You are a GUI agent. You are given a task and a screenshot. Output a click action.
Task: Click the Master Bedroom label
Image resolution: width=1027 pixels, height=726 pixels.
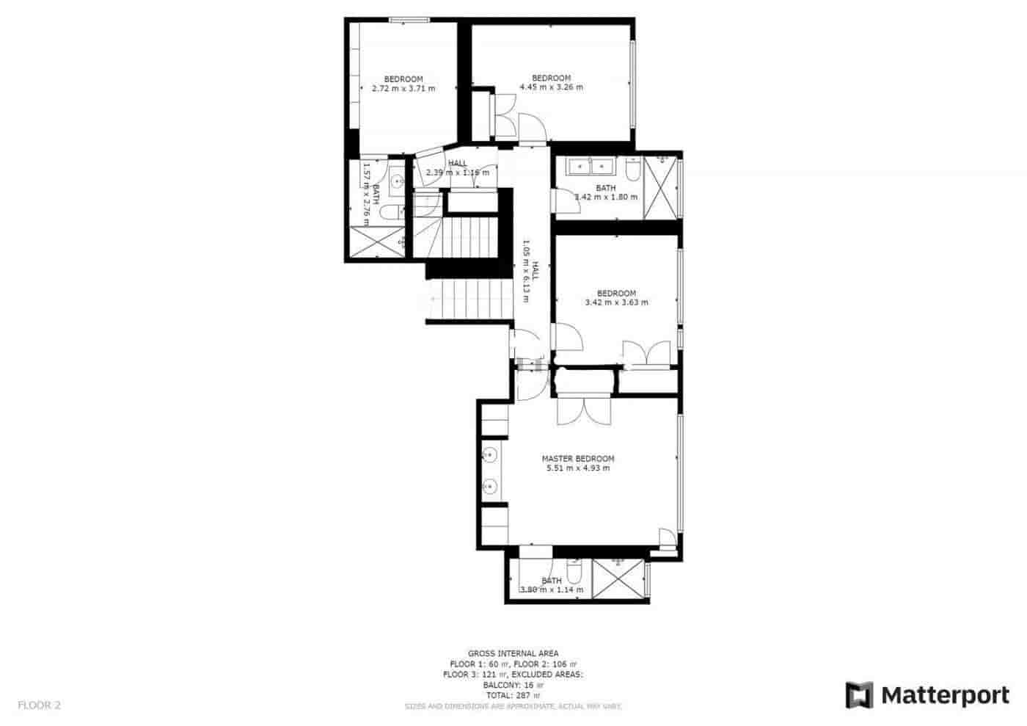578,458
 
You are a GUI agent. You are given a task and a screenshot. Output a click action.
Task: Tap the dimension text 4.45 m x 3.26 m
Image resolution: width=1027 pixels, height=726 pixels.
551,87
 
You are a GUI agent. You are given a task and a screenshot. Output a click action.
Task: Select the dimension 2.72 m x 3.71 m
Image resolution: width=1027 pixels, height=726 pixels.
403,88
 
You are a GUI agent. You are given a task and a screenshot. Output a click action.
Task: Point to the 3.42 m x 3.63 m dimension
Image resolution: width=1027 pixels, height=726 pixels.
616,302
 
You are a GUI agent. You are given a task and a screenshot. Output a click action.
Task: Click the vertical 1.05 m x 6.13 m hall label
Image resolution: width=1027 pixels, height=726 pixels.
530,266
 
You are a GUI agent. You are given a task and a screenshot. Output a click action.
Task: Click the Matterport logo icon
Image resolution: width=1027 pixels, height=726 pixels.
860,695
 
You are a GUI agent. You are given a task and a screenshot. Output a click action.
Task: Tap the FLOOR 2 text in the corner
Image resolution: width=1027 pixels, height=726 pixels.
39,705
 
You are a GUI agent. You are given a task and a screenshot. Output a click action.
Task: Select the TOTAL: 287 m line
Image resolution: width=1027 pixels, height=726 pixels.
513,694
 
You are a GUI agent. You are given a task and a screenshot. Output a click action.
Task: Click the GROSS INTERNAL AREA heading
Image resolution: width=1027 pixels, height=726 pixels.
513,653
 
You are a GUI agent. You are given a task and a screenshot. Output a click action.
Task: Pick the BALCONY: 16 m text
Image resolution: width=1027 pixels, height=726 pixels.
513,684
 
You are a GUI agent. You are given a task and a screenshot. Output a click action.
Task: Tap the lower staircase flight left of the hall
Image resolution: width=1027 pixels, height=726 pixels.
469,301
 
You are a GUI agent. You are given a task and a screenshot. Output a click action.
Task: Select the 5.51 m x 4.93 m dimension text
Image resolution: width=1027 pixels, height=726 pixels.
578,468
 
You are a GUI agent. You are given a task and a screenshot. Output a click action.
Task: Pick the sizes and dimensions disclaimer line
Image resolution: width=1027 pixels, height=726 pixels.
513,706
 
